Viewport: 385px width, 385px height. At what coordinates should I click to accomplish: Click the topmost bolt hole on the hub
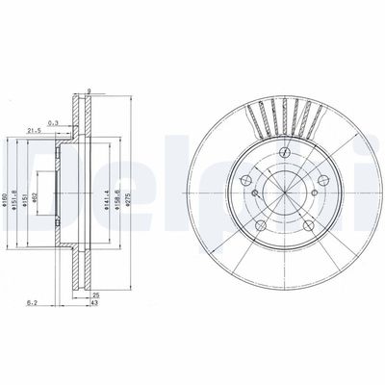pos(287,152)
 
